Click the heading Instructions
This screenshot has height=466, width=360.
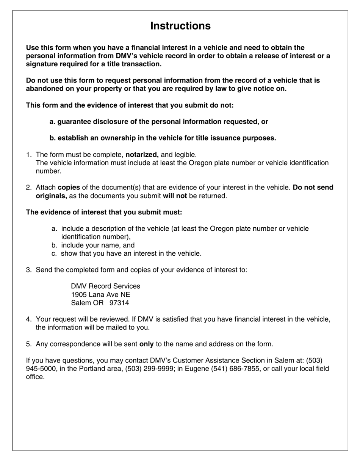click(x=180, y=26)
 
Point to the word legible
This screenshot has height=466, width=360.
click(x=185, y=155)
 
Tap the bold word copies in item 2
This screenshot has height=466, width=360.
click(x=69, y=188)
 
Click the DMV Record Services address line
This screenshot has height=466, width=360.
click(x=105, y=286)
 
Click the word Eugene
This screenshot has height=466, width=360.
click(x=197, y=369)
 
